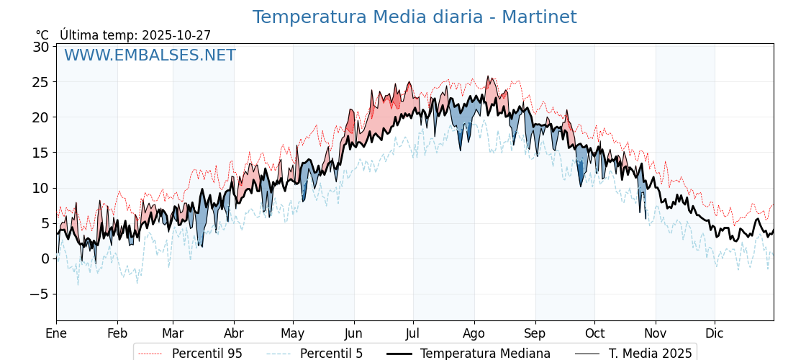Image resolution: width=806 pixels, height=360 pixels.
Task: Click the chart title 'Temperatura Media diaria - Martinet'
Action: point(414,17)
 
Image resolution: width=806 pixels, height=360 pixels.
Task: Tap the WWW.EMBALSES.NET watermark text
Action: point(150,55)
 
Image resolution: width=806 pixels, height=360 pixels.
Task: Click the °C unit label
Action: point(42,35)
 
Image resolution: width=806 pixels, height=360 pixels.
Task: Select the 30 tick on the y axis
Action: point(41,47)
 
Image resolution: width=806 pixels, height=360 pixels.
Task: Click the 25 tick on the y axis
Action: point(41,82)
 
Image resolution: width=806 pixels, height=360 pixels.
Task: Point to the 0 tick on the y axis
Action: point(45,258)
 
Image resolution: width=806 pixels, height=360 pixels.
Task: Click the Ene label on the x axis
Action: point(56,333)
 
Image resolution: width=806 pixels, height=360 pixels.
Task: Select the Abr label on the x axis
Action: point(234,333)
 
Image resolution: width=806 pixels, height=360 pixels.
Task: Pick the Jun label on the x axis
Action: point(353,333)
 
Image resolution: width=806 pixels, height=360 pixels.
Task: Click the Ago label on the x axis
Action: point(474,333)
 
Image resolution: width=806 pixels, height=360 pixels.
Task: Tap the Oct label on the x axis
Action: point(594,333)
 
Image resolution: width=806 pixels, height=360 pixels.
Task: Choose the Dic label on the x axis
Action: point(715,333)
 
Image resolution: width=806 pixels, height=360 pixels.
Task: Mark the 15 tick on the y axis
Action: point(41,153)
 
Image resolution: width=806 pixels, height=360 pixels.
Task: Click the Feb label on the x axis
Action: point(117,333)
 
